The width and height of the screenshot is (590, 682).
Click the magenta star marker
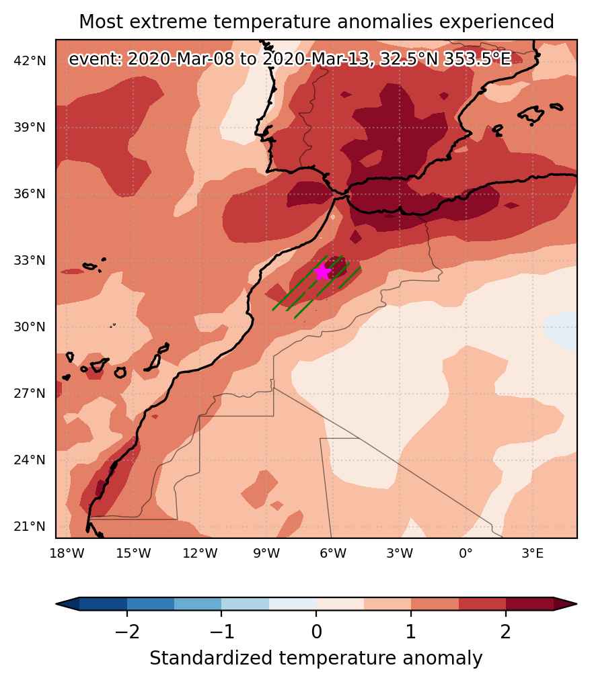click(322, 272)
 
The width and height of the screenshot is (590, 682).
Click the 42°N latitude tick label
click(30, 61)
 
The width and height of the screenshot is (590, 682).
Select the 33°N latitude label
click(30, 261)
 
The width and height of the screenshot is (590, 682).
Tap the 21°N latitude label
click(30, 527)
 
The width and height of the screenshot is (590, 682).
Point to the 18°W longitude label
click(67, 554)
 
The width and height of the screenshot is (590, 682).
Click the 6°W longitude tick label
click(333, 554)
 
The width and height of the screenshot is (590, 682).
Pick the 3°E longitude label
click(533, 554)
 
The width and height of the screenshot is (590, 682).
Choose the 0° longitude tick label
click(466, 554)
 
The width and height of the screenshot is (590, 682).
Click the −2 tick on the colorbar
click(127, 631)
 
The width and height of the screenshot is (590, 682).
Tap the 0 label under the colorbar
click(317, 631)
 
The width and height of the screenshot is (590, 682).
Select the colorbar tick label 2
click(505, 631)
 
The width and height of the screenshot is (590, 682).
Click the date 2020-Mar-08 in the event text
click(181, 58)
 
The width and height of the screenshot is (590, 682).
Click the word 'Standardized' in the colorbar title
click(211, 658)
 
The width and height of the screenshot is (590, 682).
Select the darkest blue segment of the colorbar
click(103, 604)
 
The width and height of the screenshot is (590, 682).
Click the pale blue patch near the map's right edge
click(561, 330)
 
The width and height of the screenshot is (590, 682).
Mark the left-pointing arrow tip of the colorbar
click(57, 604)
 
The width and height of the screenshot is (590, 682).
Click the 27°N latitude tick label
click(30, 394)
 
